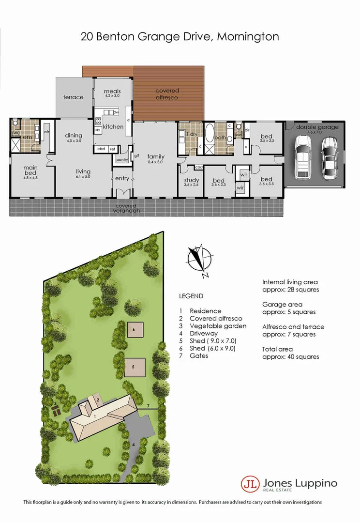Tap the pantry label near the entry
121,159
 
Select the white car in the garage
303,157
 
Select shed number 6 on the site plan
134,329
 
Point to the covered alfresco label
167,94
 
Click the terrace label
74,97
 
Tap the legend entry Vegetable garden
218,326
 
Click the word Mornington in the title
248,36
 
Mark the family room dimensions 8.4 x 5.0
156,163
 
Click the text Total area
277,349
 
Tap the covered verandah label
126,208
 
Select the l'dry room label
192,134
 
